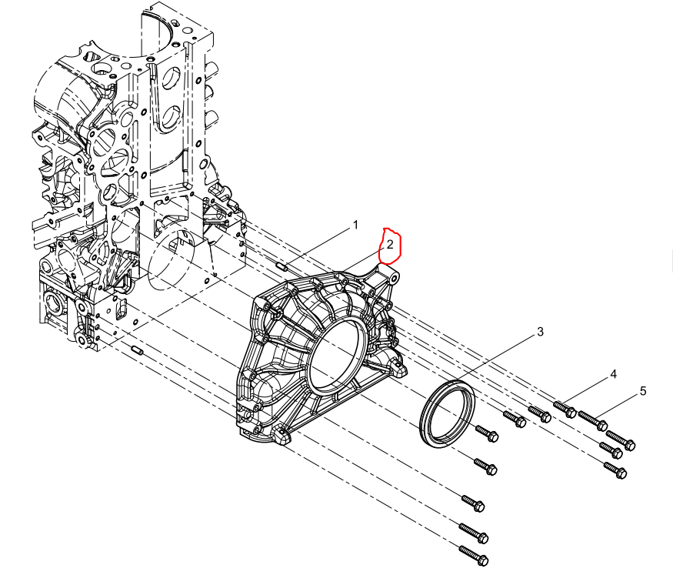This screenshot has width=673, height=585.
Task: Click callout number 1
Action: point(355,225)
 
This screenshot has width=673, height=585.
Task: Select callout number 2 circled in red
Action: point(390,245)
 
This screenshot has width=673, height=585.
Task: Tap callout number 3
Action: point(540,332)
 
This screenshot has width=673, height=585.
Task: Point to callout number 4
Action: point(613,375)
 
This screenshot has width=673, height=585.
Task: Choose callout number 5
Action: point(642,391)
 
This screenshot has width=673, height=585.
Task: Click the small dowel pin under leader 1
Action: point(282,266)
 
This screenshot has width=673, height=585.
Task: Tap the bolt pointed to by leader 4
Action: point(565,409)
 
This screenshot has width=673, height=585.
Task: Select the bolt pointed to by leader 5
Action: point(593,421)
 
